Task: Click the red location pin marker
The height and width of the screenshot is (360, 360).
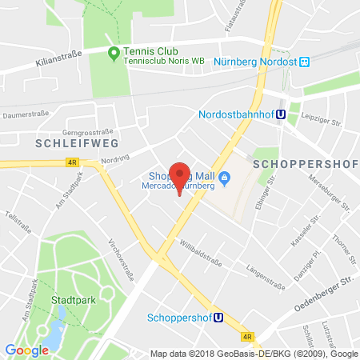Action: [180, 177]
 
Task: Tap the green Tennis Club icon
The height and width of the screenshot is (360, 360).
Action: [114, 54]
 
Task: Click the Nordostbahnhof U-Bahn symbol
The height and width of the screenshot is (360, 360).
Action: [282, 114]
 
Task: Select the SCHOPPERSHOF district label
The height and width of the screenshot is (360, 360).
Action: [298, 162]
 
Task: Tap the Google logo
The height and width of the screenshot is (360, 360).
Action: [26, 349]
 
